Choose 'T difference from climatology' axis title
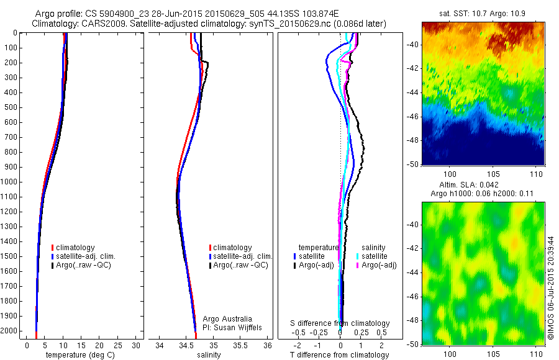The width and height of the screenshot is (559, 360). point(340,355)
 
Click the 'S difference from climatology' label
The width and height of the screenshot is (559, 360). point(340,323)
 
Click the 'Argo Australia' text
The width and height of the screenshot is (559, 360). point(228,318)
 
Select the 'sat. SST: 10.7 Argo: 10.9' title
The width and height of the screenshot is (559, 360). point(483,13)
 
